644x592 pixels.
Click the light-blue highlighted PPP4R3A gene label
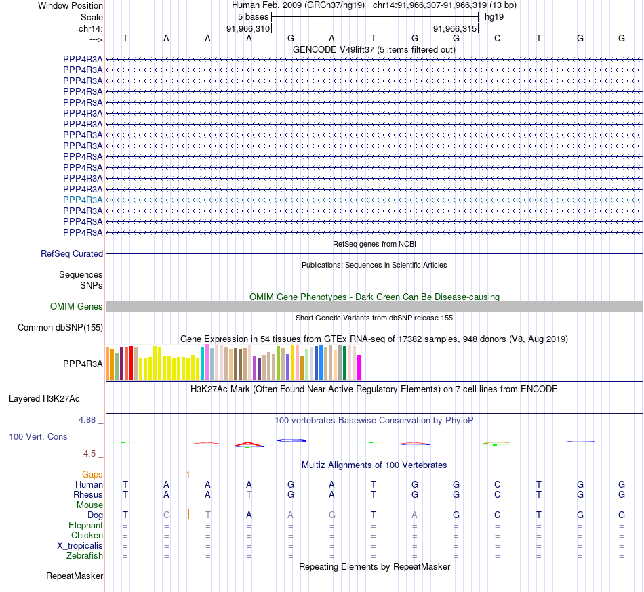[83, 200]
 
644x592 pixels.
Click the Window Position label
[71, 5]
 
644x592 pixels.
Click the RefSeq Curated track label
[72, 254]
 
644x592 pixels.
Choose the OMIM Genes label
[77, 307]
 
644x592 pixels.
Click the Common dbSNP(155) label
[60, 328]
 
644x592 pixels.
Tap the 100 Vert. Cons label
[38, 437]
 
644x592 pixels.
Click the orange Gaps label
[92, 475]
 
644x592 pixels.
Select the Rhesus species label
[88, 495]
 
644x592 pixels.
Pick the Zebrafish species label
[85, 556]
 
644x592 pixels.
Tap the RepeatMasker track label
[75, 576]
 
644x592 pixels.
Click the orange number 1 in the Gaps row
[188, 475]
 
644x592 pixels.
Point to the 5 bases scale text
[254, 16]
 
